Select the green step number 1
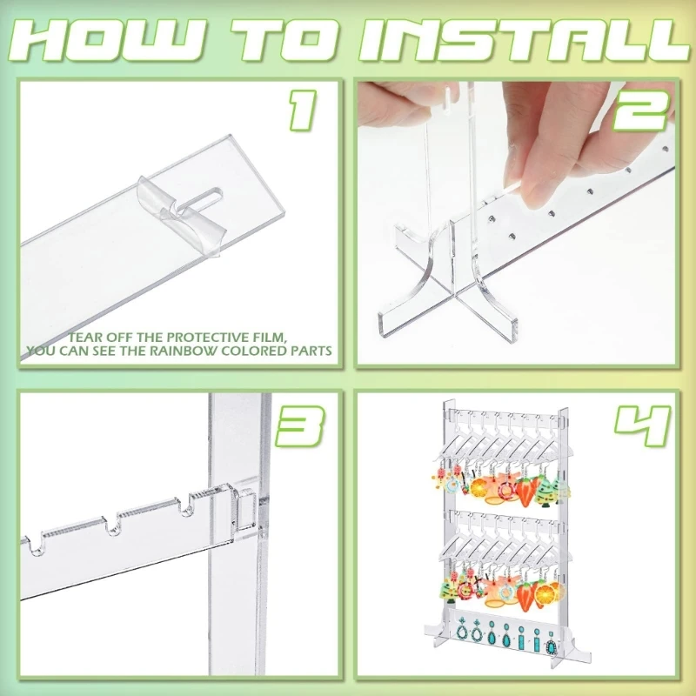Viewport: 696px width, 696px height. point(303,110)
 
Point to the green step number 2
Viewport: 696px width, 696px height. point(640,110)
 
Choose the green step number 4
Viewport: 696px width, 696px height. point(642,425)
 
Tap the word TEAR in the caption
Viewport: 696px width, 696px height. point(83,337)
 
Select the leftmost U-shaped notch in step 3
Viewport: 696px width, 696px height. point(35,545)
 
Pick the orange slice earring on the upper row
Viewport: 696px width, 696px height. point(480,488)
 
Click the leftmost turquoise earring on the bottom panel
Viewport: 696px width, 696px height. point(462,632)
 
